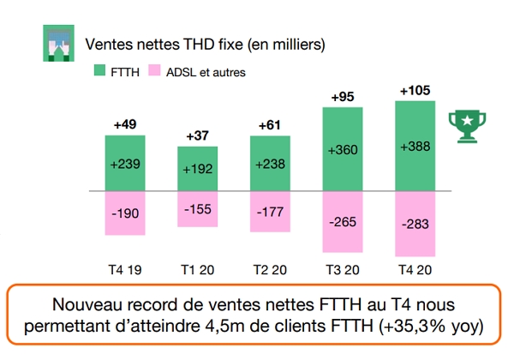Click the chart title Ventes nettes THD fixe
point(206,42)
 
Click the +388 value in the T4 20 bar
point(415,147)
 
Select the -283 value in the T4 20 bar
point(415,225)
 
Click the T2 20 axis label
point(270,268)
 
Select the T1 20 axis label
point(197,268)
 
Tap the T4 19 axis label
point(125,268)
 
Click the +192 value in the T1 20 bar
point(197,169)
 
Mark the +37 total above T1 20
point(197,136)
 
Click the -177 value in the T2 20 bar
point(270,212)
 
